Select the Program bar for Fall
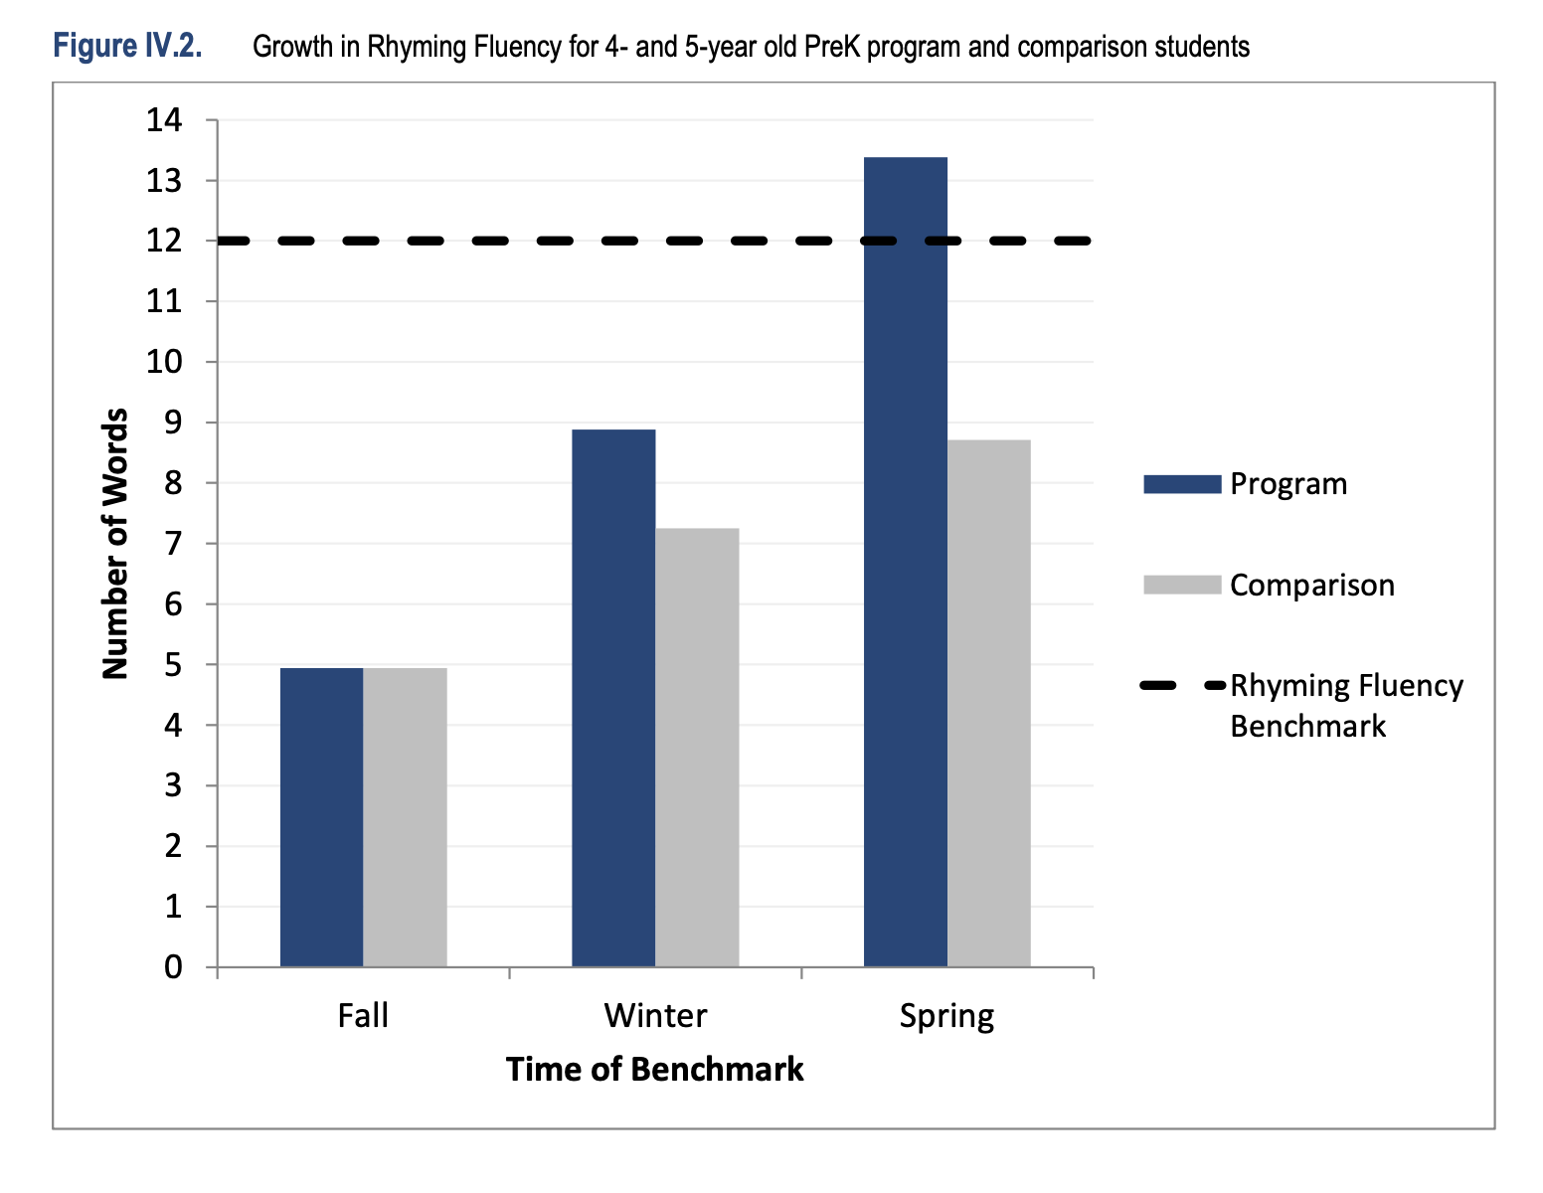point(321,817)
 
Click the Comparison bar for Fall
point(405,817)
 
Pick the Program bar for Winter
point(613,698)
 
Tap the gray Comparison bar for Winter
point(697,748)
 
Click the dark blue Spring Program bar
point(905,562)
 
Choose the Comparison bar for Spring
point(988,703)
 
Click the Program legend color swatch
point(1181,484)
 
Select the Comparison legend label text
point(1311,585)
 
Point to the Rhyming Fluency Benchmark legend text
point(1346,705)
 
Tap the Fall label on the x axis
point(363,1016)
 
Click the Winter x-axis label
point(655,1016)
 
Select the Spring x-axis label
point(946,1016)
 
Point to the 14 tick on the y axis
point(165,120)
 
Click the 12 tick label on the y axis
point(165,242)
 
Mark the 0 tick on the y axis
point(174,967)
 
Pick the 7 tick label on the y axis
point(174,544)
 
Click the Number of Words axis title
point(116,544)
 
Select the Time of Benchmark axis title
point(654,1070)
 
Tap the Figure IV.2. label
point(127,46)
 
